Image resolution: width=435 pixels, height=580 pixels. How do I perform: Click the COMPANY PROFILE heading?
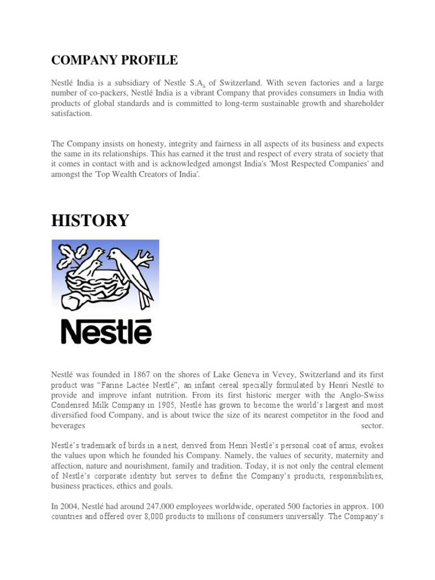[114, 60]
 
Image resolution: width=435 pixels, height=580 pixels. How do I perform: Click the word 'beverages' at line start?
[68, 425]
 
